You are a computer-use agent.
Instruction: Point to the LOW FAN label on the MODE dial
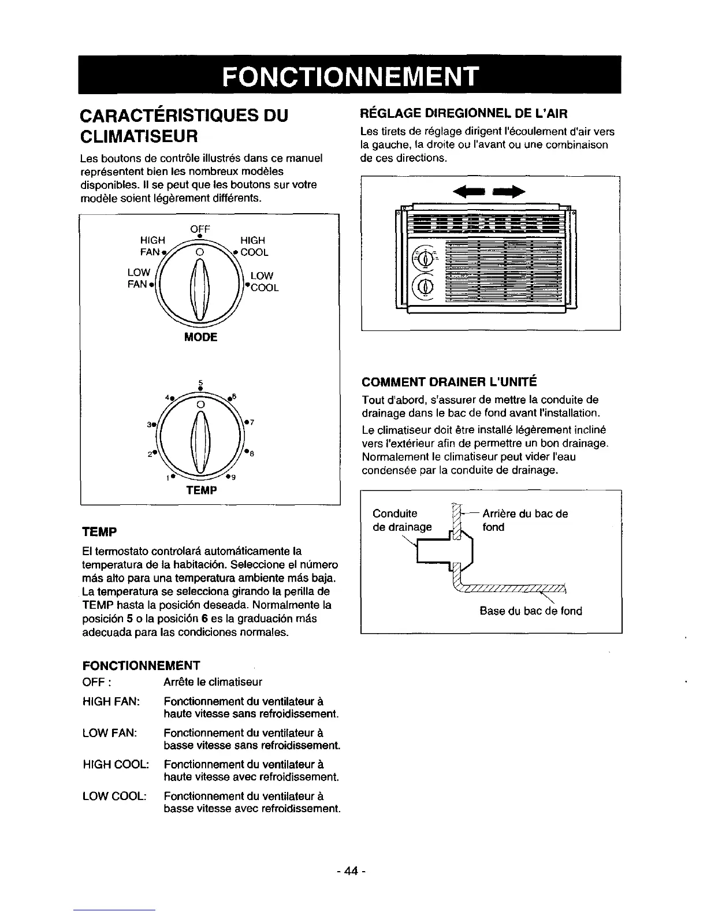click(x=139, y=278)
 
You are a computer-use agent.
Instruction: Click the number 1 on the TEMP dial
click(x=166, y=478)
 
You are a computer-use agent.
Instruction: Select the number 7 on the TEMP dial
click(x=252, y=421)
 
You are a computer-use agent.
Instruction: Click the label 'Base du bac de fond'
click(x=531, y=611)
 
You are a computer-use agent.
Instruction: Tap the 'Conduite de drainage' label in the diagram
click(x=402, y=520)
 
